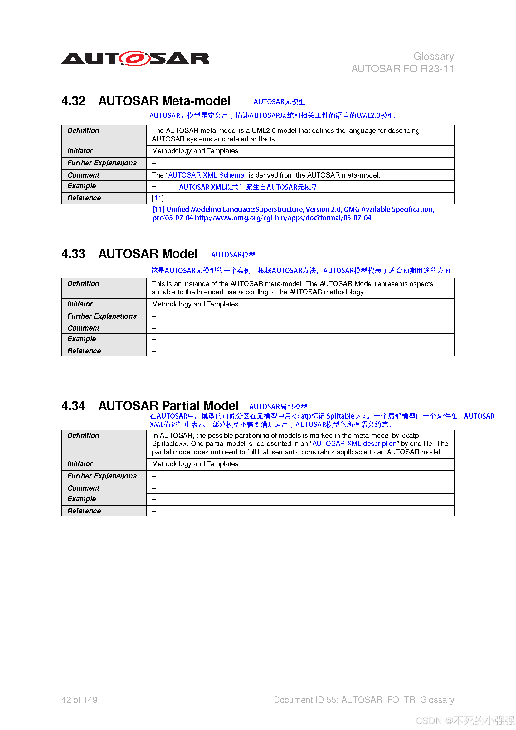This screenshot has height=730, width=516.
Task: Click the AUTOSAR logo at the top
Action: coord(135,58)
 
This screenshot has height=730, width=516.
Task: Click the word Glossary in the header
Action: coord(433,56)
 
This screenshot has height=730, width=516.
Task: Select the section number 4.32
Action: coord(73,101)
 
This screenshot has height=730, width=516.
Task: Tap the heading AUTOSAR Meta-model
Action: coord(164,101)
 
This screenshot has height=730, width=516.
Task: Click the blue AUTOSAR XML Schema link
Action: coord(206,175)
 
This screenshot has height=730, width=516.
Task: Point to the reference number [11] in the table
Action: coord(158,198)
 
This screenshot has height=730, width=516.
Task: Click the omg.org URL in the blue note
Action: coord(283,218)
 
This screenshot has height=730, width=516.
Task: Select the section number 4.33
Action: coord(73,254)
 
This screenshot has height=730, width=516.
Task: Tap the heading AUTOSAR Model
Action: coord(148,254)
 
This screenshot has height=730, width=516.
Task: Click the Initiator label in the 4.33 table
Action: coord(80,304)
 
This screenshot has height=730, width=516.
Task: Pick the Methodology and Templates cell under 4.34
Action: coord(195,464)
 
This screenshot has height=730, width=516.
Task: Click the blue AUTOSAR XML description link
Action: coord(354,444)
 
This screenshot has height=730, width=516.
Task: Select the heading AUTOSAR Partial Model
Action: coord(168,406)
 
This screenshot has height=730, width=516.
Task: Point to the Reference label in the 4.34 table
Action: coord(84,511)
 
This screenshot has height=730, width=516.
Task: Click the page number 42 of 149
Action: coord(80,700)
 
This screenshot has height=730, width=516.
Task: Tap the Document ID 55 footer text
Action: coord(364,700)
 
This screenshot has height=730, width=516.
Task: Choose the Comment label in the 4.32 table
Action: coord(83,175)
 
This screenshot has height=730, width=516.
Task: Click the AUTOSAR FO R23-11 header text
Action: coord(402,69)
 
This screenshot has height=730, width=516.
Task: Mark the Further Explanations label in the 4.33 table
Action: coord(102,316)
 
